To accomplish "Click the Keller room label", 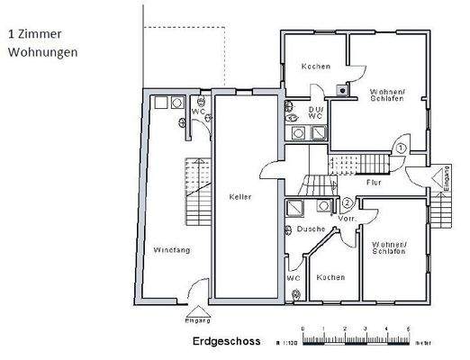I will (240, 197).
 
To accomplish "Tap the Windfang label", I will (170, 249).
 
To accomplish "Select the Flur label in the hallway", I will (374, 183).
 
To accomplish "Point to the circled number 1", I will (401, 148).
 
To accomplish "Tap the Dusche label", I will (311, 229).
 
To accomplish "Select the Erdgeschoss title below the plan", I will (226, 343).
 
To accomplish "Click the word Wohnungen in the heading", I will (42, 52).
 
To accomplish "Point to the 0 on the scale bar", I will (303, 328).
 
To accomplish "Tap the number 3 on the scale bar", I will (356, 328).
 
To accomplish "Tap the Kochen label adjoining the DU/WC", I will (315, 66).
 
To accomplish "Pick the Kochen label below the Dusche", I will (330, 277).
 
